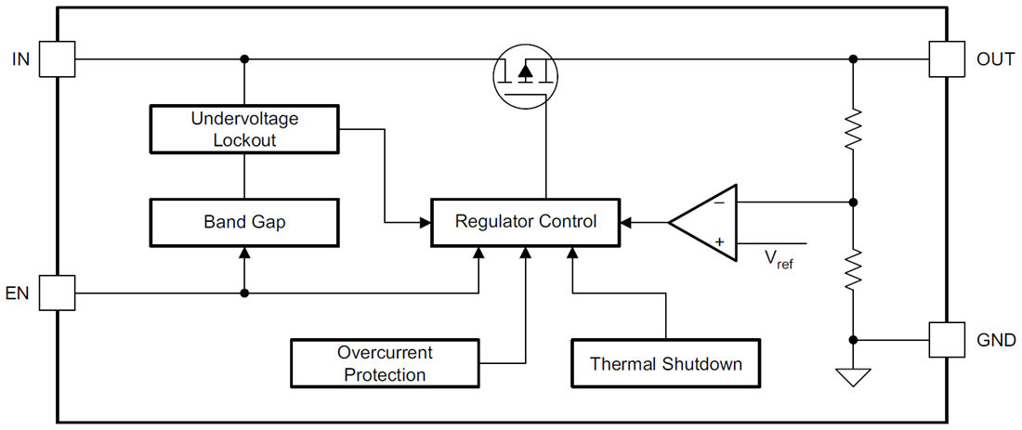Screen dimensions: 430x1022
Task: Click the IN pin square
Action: click(59, 59)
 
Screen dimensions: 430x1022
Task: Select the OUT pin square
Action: click(946, 59)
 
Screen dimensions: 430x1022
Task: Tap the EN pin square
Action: click(59, 293)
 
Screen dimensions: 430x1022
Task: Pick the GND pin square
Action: click(946, 340)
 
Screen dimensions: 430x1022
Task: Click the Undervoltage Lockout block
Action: click(244, 129)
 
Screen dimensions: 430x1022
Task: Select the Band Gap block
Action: click(244, 222)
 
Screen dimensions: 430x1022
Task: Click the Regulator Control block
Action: click(525, 222)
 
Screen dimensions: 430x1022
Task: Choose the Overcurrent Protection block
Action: click(385, 363)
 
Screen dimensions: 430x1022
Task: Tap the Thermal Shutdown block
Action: click(666, 363)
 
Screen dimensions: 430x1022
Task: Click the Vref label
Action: click(779, 260)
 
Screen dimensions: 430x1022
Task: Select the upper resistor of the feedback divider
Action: click(853, 130)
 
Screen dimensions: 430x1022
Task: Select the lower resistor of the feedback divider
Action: click(853, 269)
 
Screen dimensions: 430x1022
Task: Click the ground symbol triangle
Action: click(853, 376)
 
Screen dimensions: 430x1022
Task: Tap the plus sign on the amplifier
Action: click(719, 242)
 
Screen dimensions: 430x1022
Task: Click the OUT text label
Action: click(995, 59)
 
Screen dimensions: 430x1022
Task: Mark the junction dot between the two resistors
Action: click(853, 202)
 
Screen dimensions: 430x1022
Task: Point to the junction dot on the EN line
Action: click(244, 293)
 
